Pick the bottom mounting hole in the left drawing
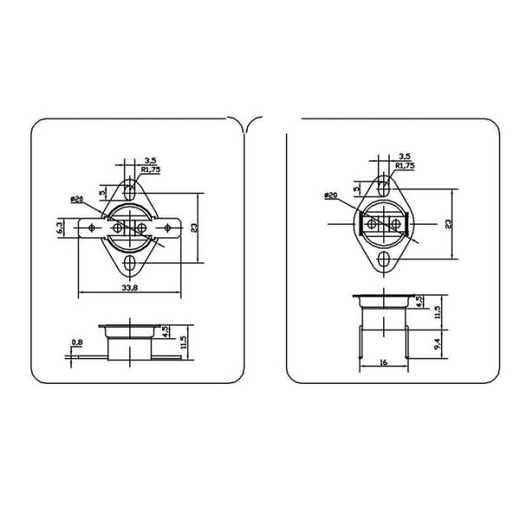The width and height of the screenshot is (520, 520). (129, 263)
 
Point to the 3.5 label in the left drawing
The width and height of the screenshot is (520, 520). (150, 160)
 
